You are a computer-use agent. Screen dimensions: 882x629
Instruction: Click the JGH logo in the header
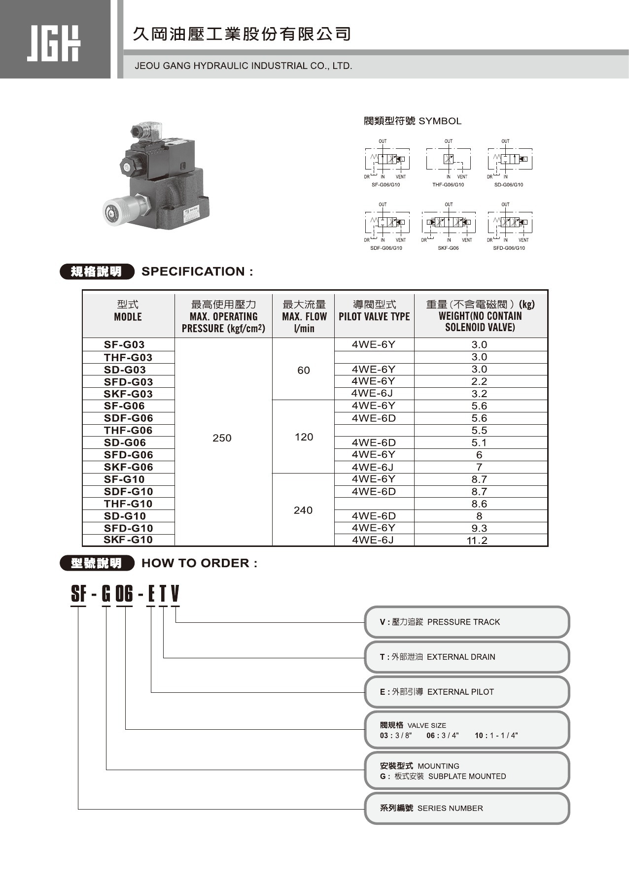[53, 43]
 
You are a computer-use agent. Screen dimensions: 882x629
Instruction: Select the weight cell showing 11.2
[477, 541]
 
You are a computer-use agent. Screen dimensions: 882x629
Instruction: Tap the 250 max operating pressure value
[222, 438]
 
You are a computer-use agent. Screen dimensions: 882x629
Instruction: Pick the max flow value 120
[304, 437]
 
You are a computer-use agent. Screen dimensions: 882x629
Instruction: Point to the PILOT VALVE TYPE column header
[374, 316]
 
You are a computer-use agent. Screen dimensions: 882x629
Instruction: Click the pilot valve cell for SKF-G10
[373, 540]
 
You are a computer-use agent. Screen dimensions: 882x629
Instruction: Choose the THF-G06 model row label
[128, 430]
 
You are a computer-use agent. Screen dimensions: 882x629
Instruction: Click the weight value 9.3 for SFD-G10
[479, 528]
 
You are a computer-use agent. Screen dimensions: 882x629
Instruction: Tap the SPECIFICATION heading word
[193, 271]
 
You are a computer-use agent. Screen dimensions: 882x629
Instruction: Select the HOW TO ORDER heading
[199, 563]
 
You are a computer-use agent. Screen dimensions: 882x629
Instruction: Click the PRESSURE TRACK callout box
[466, 622]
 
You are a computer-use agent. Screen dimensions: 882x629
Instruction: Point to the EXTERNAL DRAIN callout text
[461, 657]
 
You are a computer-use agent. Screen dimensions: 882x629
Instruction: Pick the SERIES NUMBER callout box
[466, 808]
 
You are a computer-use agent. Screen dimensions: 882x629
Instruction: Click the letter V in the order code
[175, 594]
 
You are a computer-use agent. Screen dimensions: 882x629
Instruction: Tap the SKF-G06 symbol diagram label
[448, 248]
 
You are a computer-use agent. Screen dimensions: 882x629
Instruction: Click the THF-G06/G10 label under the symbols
[448, 185]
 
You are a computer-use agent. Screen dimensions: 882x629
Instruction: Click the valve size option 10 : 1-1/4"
[496, 736]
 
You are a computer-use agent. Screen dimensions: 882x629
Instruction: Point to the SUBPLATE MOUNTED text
[467, 776]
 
